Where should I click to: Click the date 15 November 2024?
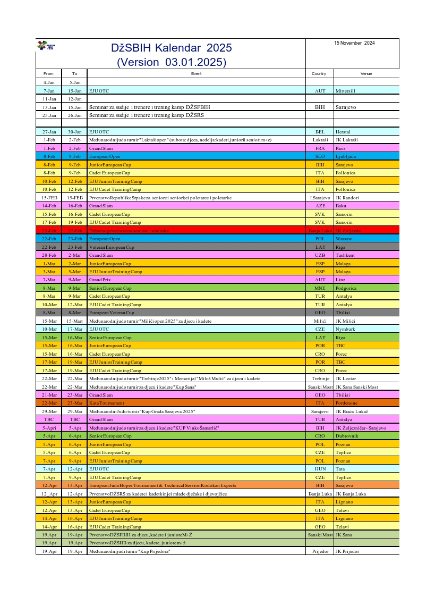[x=354, y=43]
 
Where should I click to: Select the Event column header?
[x=196, y=74]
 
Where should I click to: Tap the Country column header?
[x=319, y=74]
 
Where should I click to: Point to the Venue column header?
[x=366, y=74]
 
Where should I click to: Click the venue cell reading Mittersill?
[x=347, y=91]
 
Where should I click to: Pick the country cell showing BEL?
[x=320, y=132]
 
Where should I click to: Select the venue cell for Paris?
[x=340, y=148]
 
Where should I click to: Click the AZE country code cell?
[x=320, y=206]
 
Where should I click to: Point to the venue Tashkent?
[x=345, y=255]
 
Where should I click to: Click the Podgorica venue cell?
[x=346, y=288]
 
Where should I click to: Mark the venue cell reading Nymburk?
[x=345, y=329]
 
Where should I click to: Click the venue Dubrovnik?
[x=347, y=436]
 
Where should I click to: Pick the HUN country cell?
[x=320, y=469]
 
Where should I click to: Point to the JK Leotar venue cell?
[x=345, y=379]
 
